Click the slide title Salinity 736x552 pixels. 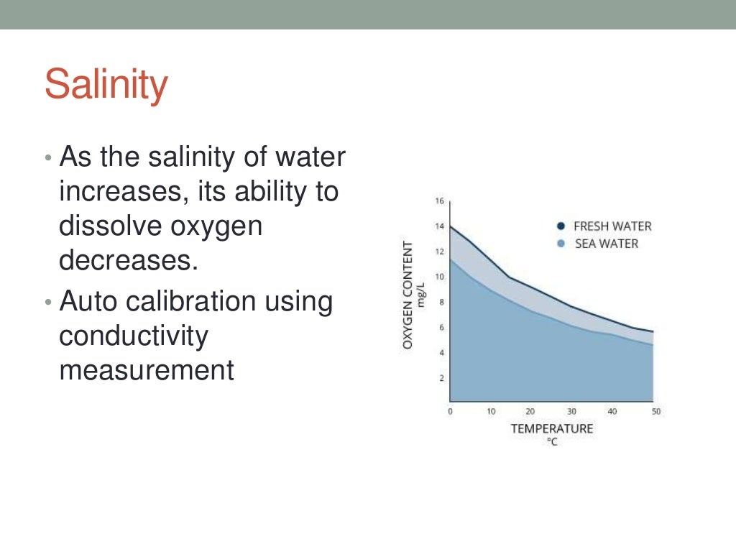(106, 85)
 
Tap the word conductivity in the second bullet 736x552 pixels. (133, 336)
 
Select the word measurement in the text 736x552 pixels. (147, 370)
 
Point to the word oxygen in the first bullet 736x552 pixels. (216, 226)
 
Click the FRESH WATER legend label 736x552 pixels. (612, 226)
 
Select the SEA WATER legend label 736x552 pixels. (606, 244)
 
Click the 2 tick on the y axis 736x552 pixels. (441, 377)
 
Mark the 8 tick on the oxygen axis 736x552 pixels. (441, 302)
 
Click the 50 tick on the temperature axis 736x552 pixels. (655, 412)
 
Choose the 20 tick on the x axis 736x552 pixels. (530, 412)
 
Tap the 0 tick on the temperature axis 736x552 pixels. (450, 412)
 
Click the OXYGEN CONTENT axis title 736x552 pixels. (408, 295)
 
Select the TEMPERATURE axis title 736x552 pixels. (552, 428)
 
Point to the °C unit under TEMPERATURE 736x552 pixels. (552, 441)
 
